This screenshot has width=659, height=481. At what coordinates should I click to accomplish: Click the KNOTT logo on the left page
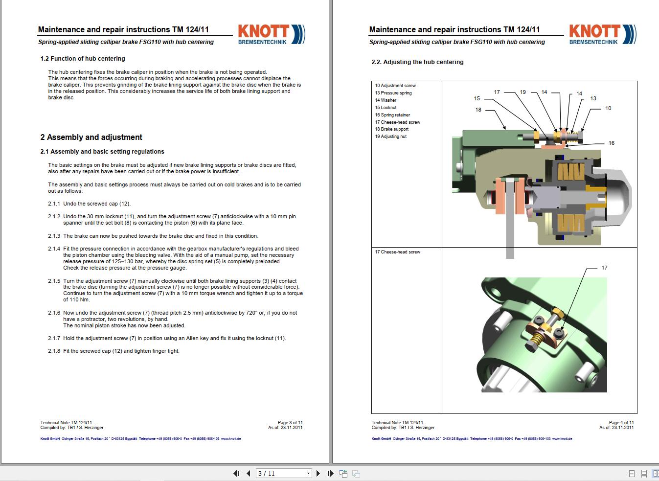271,34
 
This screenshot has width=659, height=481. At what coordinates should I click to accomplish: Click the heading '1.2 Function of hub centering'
83,59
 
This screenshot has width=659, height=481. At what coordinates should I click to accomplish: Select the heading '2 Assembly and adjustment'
91,137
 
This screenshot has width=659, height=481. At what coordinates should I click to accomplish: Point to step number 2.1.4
54,249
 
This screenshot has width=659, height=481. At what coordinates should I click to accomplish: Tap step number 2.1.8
54,351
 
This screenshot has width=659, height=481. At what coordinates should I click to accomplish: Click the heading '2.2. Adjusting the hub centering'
416,62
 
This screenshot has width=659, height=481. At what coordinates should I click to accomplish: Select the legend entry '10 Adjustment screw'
395,86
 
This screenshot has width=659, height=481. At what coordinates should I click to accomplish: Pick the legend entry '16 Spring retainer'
392,115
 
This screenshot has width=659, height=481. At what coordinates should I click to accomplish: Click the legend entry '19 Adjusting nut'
390,137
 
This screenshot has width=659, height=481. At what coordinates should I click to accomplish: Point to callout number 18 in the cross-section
478,110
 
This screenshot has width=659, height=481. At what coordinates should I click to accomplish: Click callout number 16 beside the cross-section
611,143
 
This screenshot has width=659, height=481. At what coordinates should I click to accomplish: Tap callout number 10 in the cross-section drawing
608,108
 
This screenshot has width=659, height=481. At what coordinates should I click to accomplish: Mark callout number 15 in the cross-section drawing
477,98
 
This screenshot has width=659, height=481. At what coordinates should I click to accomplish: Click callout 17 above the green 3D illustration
604,268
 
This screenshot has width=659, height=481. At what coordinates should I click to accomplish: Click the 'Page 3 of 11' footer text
290,422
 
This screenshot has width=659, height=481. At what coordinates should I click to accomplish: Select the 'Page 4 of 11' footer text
621,422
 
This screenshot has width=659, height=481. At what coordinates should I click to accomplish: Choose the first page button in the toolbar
237,473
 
